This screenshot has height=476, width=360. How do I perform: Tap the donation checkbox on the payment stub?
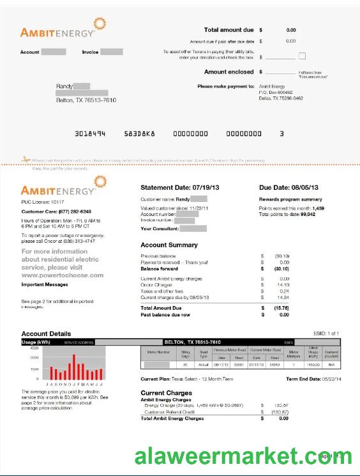point(303,56)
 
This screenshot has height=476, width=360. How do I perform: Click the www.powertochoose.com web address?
point(63,275)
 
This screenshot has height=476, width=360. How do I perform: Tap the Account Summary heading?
point(169,245)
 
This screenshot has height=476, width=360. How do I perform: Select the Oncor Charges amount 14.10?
point(282,285)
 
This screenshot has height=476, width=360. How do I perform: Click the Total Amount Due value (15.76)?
point(281,308)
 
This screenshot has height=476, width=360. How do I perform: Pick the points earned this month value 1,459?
point(318,208)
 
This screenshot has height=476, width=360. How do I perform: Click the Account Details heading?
point(46,334)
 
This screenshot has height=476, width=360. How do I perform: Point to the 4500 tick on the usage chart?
point(34,348)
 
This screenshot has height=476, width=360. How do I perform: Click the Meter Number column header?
point(159,352)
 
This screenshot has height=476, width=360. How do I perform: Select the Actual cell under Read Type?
point(204,365)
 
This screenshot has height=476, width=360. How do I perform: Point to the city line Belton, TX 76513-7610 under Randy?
point(86,100)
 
